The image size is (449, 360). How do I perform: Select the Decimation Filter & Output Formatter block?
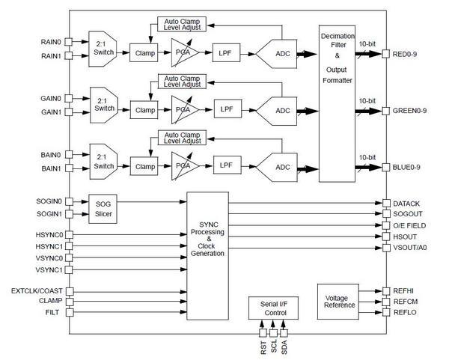337,97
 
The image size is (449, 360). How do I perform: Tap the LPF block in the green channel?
225,109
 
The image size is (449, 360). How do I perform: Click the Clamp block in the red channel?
144,54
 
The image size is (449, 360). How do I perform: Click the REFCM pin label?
406,301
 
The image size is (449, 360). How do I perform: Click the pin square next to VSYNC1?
68,269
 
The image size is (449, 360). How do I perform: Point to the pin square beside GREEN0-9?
385,111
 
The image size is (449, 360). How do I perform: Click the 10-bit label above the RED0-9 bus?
366,44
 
